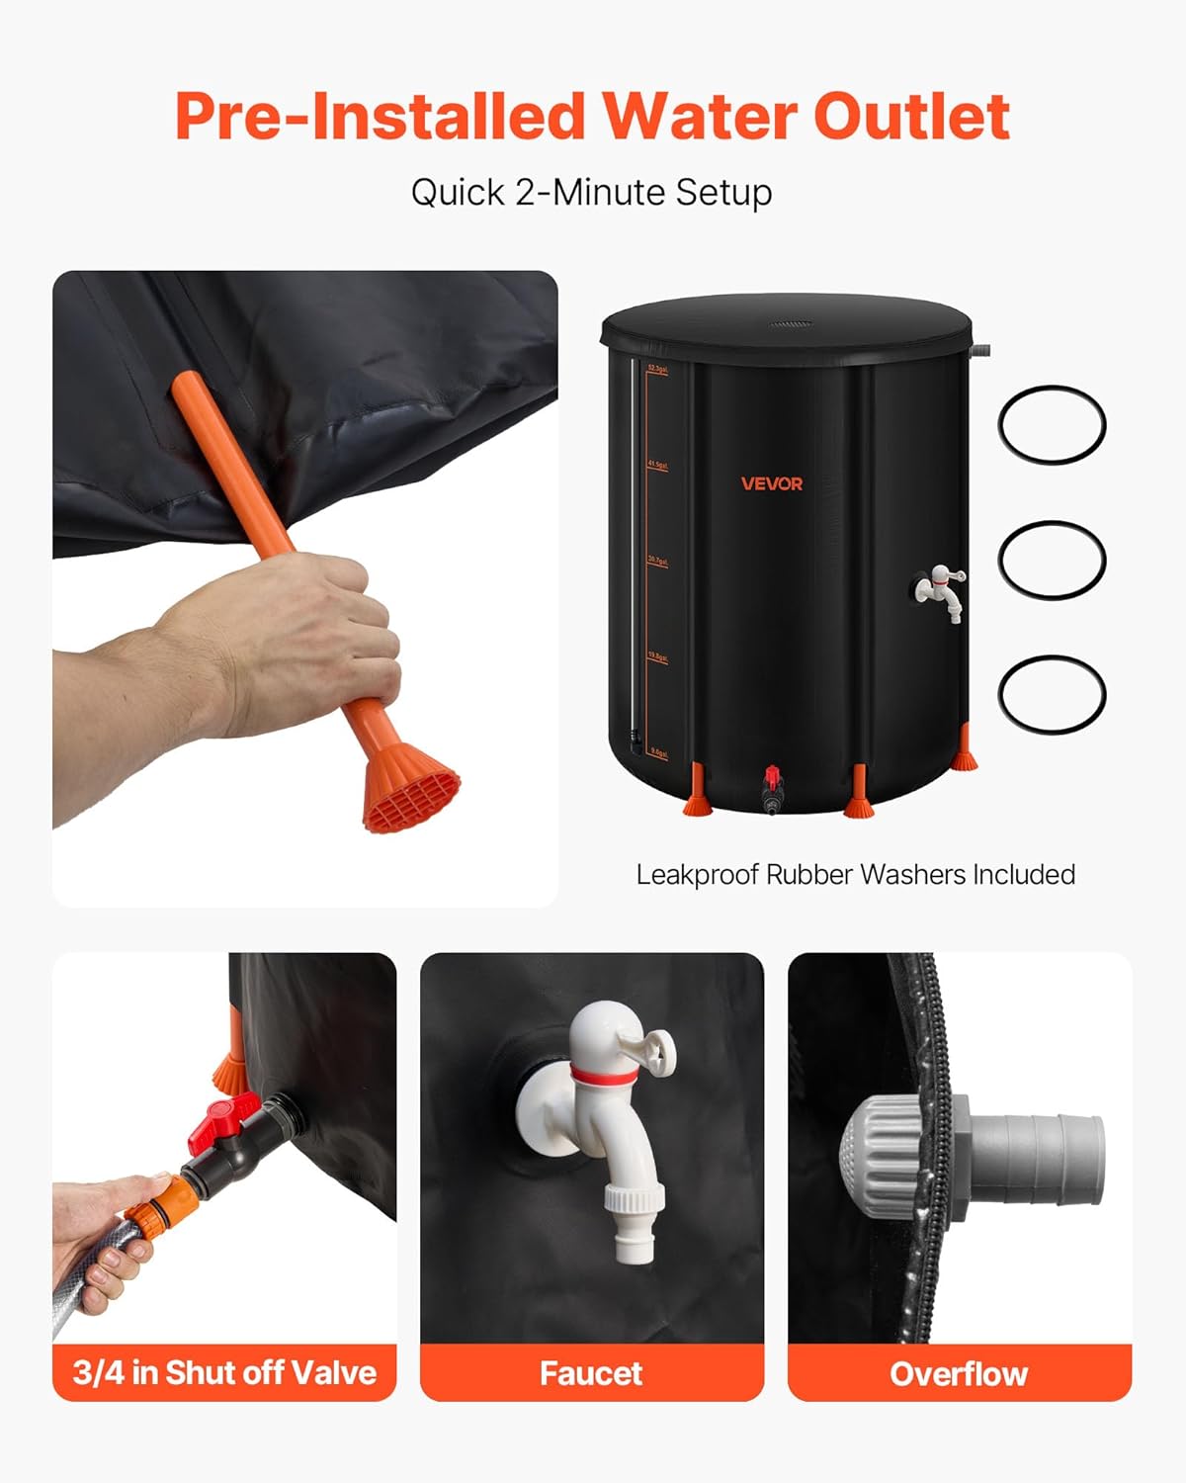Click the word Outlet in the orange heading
click(x=911, y=117)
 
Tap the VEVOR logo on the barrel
click(x=772, y=483)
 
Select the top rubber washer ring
click(x=1052, y=425)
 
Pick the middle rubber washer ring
click(x=1052, y=560)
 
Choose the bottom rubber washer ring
click(x=1052, y=694)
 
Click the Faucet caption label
click(x=591, y=1373)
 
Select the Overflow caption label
click(x=959, y=1373)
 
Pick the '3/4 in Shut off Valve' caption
click(x=224, y=1373)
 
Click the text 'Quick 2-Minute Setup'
click(x=591, y=192)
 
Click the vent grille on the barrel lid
click(x=789, y=323)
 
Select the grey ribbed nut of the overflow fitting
click(x=875, y=1152)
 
